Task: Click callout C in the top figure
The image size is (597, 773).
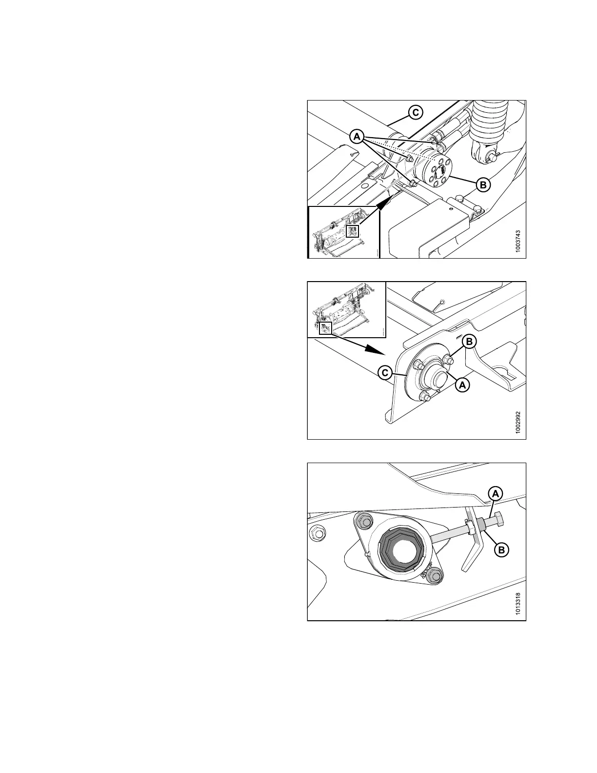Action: (x=416, y=112)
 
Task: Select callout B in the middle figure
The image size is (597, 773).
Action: (x=469, y=342)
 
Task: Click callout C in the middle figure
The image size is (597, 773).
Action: (x=385, y=373)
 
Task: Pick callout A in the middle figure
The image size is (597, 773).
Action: (x=462, y=385)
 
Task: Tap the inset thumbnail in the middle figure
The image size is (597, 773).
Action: (x=346, y=309)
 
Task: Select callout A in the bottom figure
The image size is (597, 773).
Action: (x=496, y=494)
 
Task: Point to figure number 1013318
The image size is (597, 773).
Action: (x=517, y=604)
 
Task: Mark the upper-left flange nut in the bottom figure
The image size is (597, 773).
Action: (x=363, y=520)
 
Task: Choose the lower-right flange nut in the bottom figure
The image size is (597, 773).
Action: (x=436, y=576)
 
